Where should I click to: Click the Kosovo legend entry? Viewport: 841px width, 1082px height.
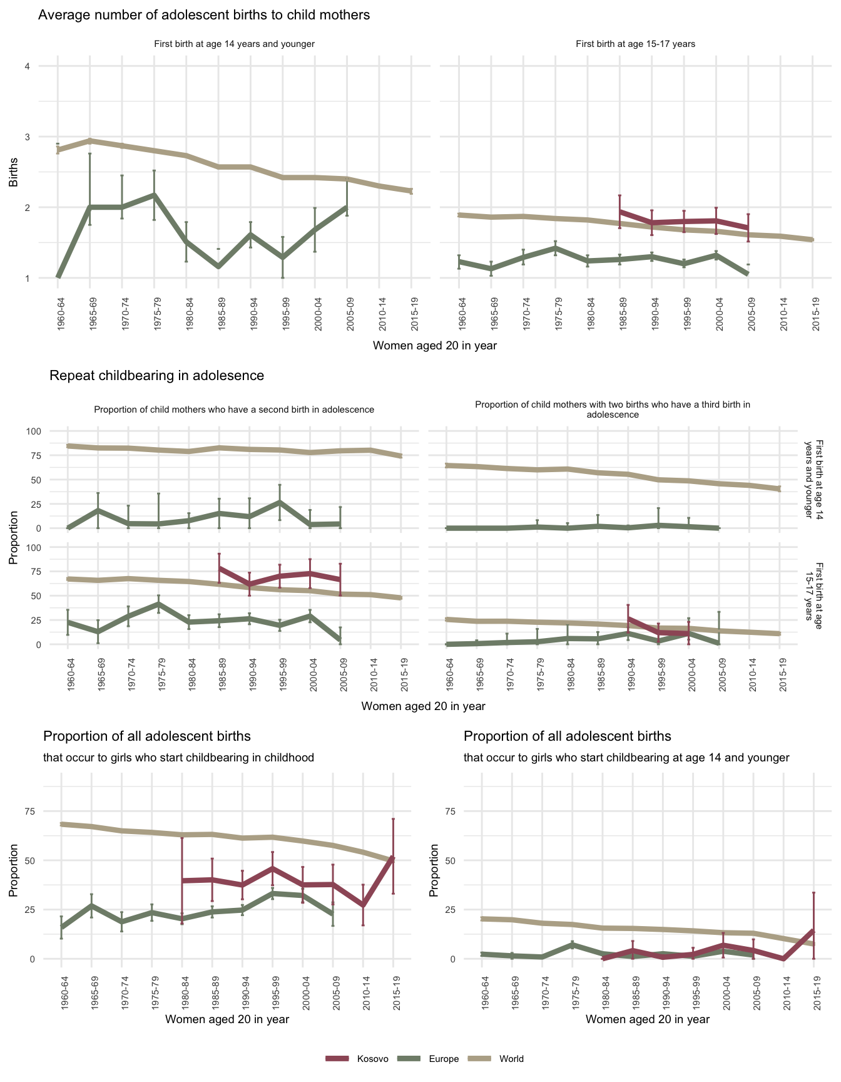[372, 1059]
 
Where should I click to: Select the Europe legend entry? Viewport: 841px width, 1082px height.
[444, 1059]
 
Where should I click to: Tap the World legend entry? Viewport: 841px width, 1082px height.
[511, 1059]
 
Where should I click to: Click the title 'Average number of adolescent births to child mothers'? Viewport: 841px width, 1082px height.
[204, 15]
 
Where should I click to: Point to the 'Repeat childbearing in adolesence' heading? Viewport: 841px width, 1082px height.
[156, 376]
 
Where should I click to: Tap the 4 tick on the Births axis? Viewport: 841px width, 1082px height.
[28, 66]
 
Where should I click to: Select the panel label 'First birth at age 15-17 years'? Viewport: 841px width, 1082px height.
[635, 44]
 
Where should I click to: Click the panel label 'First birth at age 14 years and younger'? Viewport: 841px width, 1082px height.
[234, 44]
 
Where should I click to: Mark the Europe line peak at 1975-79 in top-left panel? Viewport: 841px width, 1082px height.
[154, 195]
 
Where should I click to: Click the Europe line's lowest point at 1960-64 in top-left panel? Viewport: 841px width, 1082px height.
[58, 277]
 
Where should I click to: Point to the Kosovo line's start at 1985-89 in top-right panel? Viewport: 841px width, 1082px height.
[619, 211]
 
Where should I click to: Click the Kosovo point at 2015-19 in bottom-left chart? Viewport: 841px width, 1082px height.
[393, 857]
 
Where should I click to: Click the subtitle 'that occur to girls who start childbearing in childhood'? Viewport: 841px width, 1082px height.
[178, 758]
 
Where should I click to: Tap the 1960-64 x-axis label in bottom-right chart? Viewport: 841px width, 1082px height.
[482, 992]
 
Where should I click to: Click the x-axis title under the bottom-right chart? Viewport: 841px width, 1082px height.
[648, 1019]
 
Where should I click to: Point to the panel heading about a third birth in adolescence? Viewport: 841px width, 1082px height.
[613, 410]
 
